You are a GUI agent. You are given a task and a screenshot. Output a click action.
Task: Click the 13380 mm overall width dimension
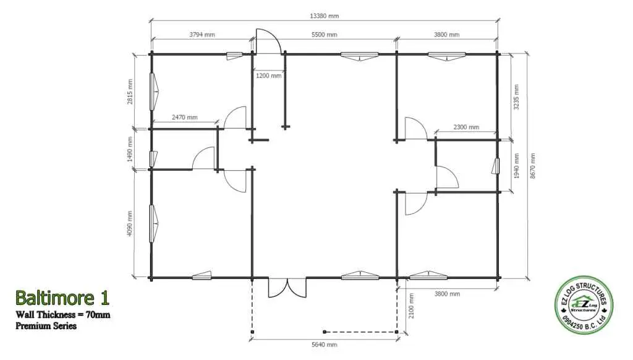pyautogui.click(x=324, y=16)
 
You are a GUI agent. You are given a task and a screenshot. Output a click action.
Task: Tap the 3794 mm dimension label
pyautogui.click(x=202, y=35)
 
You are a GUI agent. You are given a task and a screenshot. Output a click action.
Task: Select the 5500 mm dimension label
pyautogui.click(x=324, y=35)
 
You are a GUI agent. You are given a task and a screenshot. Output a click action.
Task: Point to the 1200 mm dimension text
pyautogui.click(x=268, y=75)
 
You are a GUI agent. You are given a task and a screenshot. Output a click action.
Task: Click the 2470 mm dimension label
pyautogui.click(x=184, y=118)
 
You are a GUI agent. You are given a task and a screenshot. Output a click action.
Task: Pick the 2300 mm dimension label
pyautogui.click(x=466, y=127)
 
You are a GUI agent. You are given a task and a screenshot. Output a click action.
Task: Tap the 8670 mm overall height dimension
pyautogui.click(x=533, y=166)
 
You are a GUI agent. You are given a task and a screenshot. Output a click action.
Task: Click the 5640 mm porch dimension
pyautogui.click(x=324, y=345)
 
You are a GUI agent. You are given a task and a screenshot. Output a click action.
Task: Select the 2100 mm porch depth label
pyautogui.click(x=411, y=306)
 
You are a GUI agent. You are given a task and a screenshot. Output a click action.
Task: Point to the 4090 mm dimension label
pyautogui.click(x=130, y=224)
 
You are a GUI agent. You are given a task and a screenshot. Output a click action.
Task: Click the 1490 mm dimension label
pyautogui.click(x=130, y=149)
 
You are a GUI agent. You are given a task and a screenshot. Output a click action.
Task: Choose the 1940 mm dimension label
pyautogui.click(x=516, y=166)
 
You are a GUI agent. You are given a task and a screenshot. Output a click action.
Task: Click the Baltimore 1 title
pyautogui.click(x=62, y=298)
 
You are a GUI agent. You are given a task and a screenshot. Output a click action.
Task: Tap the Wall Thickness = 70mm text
pyautogui.click(x=63, y=314)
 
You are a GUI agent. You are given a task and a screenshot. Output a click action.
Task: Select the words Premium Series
pyautogui.click(x=46, y=325)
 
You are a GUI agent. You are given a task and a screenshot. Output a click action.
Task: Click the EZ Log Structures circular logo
pyautogui.click(x=584, y=305)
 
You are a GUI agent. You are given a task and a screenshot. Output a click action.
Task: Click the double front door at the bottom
pyautogui.click(x=287, y=288)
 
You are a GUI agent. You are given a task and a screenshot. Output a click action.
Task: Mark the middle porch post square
pyautogui.click(x=325, y=332)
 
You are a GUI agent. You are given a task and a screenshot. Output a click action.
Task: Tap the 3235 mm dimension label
pyautogui.click(x=516, y=97)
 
